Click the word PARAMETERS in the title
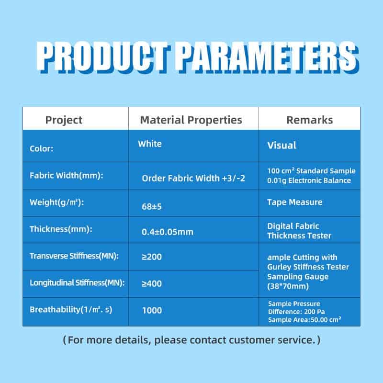(x=268, y=57)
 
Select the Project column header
(x=64, y=120)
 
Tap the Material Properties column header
(x=191, y=120)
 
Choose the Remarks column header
(x=309, y=120)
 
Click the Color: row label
(x=41, y=148)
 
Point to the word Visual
(x=282, y=146)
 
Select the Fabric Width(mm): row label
(x=67, y=175)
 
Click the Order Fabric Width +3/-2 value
(x=193, y=178)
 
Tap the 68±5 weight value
(x=152, y=207)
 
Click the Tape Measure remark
(x=294, y=202)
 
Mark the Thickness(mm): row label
(x=61, y=229)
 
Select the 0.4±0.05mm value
(x=167, y=232)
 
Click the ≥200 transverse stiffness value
(x=152, y=257)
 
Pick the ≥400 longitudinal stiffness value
(x=152, y=283)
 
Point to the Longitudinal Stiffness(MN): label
(x=77, y=283)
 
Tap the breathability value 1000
(x=152, y=310)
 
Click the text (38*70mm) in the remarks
(x=288, y=286)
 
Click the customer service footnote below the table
(x=191, y=340)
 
